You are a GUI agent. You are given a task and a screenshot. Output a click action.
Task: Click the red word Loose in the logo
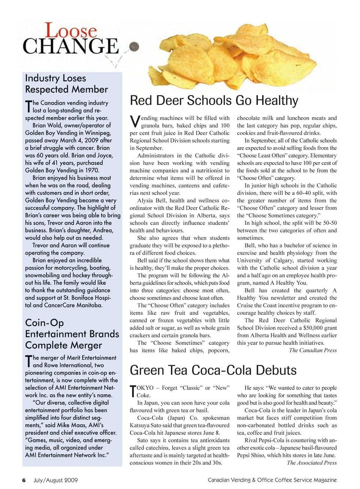(71, 31)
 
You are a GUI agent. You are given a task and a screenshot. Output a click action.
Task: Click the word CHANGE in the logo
(70, 47)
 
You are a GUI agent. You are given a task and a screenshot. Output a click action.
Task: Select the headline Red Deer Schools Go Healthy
(214, 101)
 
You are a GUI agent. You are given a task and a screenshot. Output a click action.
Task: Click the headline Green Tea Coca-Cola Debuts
(213, 370)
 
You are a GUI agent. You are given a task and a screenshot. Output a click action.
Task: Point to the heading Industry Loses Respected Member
(66, 84)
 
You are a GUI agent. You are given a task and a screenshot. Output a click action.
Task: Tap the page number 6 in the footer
(24, 480)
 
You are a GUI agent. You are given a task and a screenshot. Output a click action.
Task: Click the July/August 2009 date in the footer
(55, 480)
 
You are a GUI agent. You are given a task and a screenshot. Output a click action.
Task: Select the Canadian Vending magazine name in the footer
(272, 480)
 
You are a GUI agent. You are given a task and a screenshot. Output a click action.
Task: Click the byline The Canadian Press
(313, 350)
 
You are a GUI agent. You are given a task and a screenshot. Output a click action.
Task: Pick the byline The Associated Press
(312, 463)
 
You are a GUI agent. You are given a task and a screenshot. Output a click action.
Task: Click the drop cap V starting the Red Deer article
(135, 121)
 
